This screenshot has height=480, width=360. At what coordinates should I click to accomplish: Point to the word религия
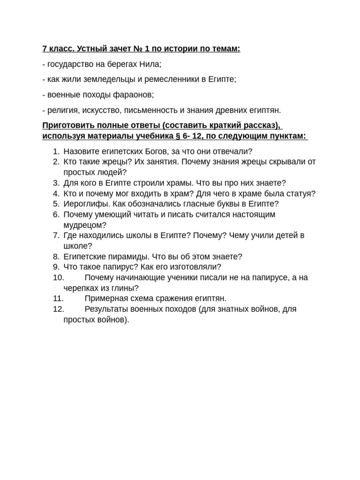click(x=60, y=110)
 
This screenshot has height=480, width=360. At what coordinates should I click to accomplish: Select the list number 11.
click(x=58, y=299)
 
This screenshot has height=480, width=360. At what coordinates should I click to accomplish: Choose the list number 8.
click(x=56, y=256)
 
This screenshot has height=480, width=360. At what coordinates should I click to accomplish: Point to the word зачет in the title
click(x=110, y=49)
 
